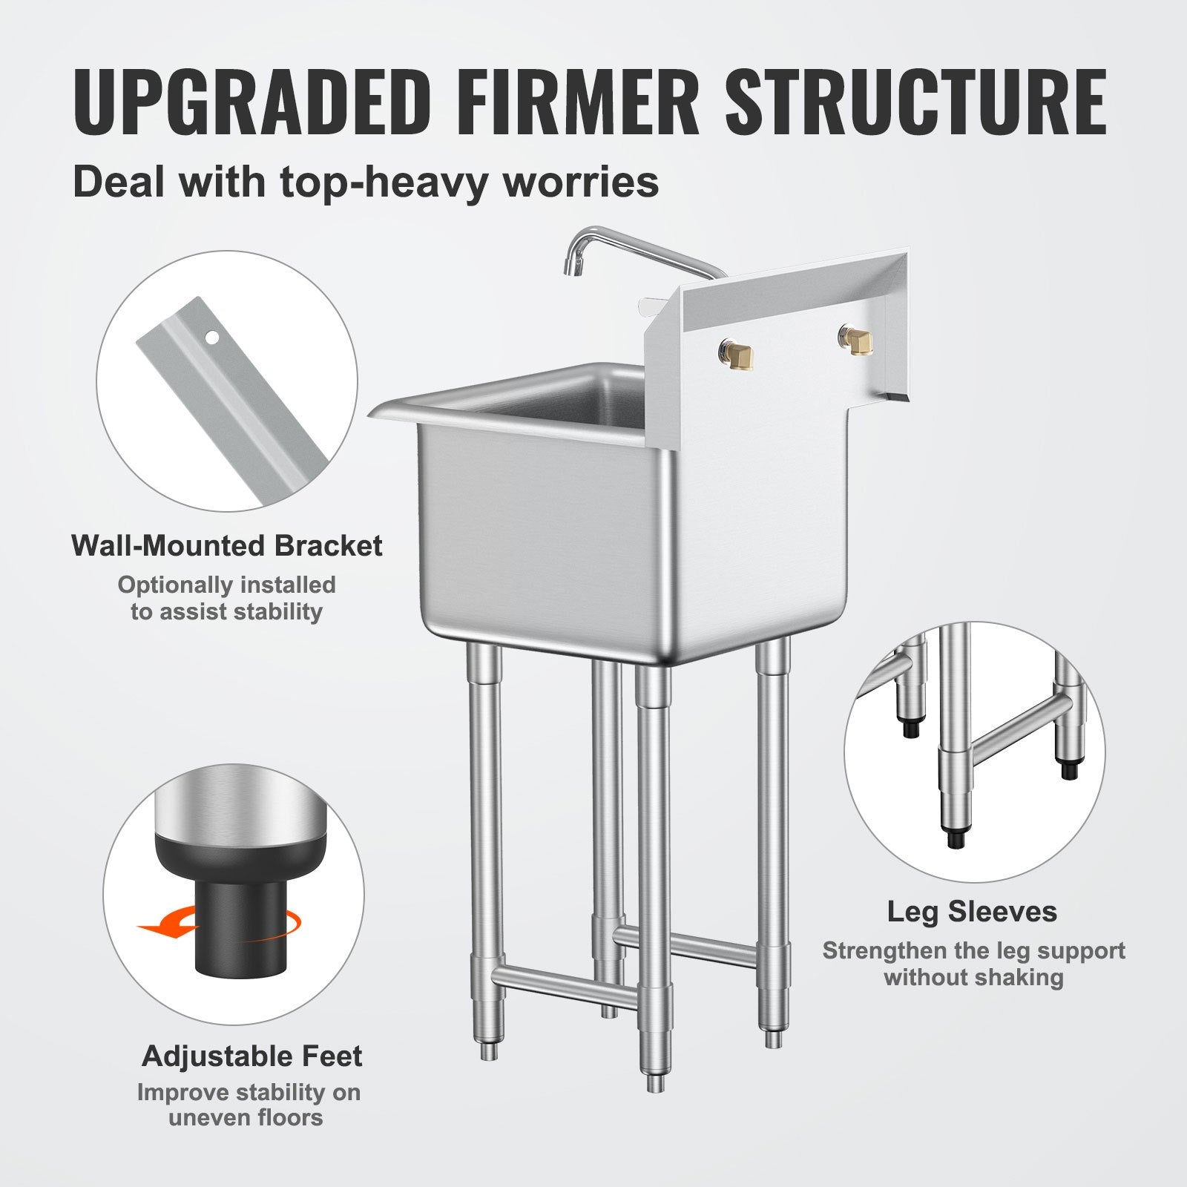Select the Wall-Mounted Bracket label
[x=227, y=546]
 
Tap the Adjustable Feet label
[x=252, y=1056]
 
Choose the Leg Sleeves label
[x=972, y=912]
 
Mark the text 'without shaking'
[x=973, y=978]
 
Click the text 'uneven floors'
[x=246, y=1117]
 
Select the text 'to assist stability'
[x=227, y=612]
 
